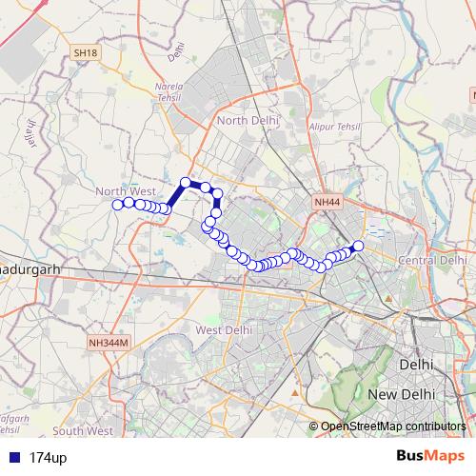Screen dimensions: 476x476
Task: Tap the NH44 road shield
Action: (327, 202)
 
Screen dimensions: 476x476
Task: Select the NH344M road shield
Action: (108, 343)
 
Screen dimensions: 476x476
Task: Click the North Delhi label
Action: (246, 121)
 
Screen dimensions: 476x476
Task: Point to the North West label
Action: (125, 191)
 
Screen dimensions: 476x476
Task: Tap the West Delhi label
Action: (223, 329)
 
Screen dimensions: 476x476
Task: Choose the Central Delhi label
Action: (433, 260)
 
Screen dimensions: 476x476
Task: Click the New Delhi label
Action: (401, 394)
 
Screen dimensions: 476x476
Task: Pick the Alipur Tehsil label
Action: (331, 125)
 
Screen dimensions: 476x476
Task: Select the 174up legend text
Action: (48, 458)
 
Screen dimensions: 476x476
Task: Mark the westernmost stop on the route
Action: (118, 205)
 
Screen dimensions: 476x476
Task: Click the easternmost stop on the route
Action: (358, 246)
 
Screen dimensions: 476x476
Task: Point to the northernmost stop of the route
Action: (187, 182)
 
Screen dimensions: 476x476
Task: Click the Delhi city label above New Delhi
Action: (417, 365)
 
